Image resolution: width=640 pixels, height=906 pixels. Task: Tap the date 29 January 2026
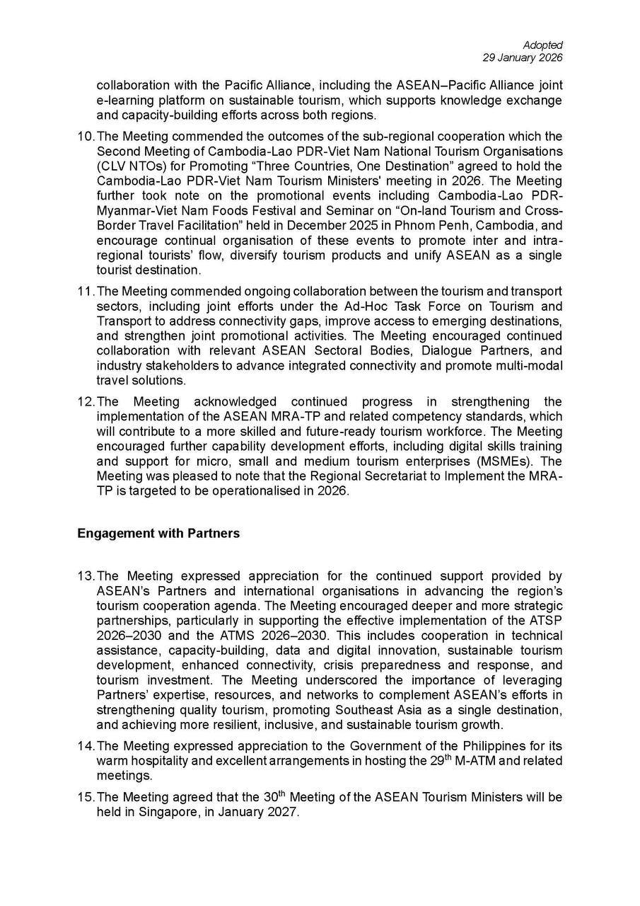(523, 58)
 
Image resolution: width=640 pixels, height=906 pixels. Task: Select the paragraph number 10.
(85, 136)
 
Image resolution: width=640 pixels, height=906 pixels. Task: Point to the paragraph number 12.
(85, 401)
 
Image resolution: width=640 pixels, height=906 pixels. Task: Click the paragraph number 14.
(85, 746)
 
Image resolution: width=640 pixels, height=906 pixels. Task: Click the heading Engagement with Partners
(158, 533)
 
